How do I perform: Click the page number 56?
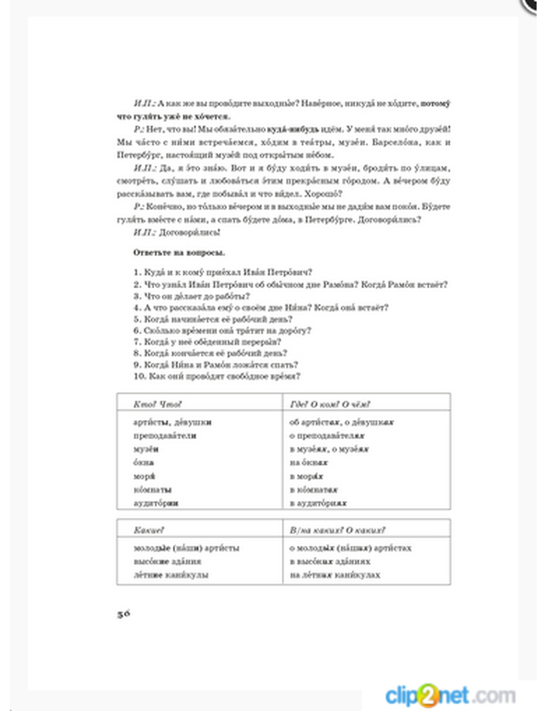click(x=124, y=614)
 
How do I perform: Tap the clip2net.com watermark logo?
click(x=450, y=696)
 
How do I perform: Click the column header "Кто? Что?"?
click(x=157, y=404)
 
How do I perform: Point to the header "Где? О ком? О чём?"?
click(x=330, y=404)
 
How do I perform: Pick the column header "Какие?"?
click(x=149, y=530)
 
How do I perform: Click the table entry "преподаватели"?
click(x=165, y=436)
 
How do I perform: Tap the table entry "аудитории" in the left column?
click(x=156, y=503)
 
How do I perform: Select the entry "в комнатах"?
click(x=313, y=489)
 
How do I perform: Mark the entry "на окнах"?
click(x=309, y=463)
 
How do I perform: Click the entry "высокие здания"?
click(x=167, y=561)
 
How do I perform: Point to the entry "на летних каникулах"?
click(x=335, y=575)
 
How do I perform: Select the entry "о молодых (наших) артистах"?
click(x=350, y=547)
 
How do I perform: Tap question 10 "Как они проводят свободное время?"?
click(x=217, y=376)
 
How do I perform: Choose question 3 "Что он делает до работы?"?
click(x=191, y=296)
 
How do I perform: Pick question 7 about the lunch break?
click(x=207, y=342)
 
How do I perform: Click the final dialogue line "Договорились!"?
click(x=189, y=232)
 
